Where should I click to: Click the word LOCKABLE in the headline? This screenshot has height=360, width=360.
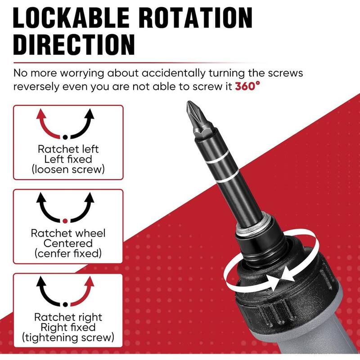(x=71, y=18)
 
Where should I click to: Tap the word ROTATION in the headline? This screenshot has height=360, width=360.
(x=196, y=18)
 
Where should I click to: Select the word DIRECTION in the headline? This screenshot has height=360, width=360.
(x=74, y=45)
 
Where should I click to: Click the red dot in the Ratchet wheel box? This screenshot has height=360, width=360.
(x=65, y=221)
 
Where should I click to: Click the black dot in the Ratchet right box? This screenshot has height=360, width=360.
(x=65, y=305)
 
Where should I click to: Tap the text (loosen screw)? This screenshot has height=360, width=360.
(x=68, y=170)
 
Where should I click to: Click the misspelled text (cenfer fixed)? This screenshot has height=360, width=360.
(x=68, y=253)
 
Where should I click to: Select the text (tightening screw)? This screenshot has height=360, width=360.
(x=68, y=337)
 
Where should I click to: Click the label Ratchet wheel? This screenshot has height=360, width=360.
(x=68, y=233)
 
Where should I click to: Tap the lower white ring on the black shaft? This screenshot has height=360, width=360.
(x=228, y=177)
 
